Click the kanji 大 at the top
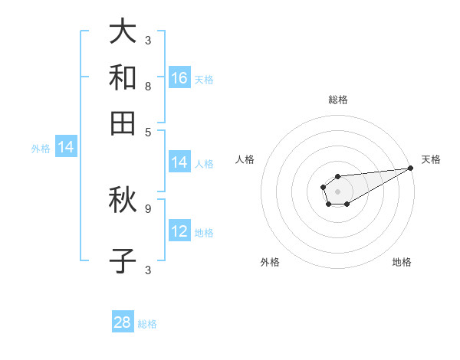tap(123, 33)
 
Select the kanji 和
tap(123, 77)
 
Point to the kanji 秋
tap(123, 200)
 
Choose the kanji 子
tap(123, 261)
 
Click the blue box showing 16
tap(179, 77)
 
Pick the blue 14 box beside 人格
tap(179, 162)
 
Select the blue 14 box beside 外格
tap(66, 148)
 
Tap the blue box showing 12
tap(179, 231)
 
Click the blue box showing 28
tap(123, 322)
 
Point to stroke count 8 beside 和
tap(147, 87)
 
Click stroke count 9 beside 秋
tap(147, 208)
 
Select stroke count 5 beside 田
tap(147, 131)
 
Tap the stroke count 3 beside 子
tap(147, 270)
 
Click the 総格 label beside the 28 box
tap(147, 324)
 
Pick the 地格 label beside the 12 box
tap(204, 233)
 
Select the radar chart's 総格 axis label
tap(337, 100)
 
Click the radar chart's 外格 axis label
tap(270, 262)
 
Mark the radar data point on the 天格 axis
tap(411, 169)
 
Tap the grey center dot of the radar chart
tap(337, 191)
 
